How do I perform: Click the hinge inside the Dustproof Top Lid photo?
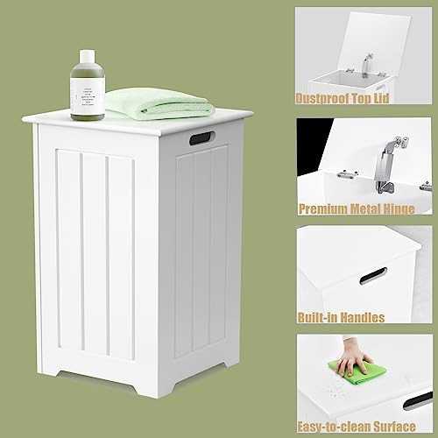pyautogui.click(x=364, y=64)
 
